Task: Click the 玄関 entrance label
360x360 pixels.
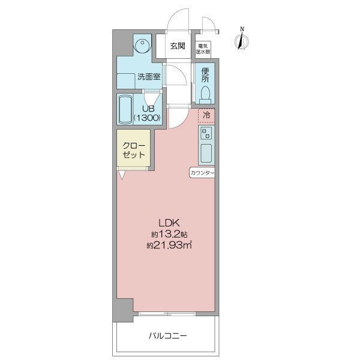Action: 178,46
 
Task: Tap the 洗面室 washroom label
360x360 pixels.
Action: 149,77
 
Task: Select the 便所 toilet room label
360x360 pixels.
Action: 205,75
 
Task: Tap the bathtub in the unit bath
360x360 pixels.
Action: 125,110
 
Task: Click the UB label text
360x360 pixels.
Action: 148,109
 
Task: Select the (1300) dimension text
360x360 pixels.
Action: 147,118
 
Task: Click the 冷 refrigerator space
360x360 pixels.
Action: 206,116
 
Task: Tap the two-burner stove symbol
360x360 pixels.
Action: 206,133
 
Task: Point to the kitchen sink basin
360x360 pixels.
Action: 206,153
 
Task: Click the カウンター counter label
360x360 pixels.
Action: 202,173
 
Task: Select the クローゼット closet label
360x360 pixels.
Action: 134,150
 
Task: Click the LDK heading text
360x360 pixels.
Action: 169,223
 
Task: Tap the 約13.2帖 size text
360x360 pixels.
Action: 169,235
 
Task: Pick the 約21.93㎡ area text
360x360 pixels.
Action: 169,245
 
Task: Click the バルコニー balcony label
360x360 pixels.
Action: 167,336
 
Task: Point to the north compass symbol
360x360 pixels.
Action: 242,40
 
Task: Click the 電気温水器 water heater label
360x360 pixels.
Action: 203,49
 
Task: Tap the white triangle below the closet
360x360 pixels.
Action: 121,175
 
